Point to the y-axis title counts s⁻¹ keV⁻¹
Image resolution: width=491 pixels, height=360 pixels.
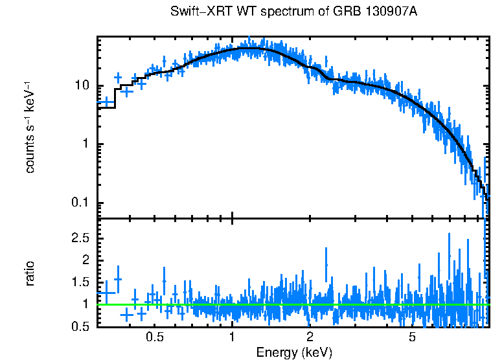point(30,127)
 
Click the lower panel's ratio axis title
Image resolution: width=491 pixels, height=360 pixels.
point(30,273)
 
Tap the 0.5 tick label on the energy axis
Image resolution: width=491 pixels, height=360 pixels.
point(154,337)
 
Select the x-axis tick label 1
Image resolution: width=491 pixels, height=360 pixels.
point(232,337)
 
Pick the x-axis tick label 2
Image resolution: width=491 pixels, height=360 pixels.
point(310,337)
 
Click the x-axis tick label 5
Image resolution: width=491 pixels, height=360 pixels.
point(412,337)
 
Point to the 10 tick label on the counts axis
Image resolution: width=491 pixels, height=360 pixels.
point(82,86)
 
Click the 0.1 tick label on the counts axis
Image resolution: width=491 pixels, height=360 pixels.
point(80,203)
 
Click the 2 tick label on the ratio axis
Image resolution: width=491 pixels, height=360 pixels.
point(86,260)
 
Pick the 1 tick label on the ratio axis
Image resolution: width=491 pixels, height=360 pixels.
point(86,304)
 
